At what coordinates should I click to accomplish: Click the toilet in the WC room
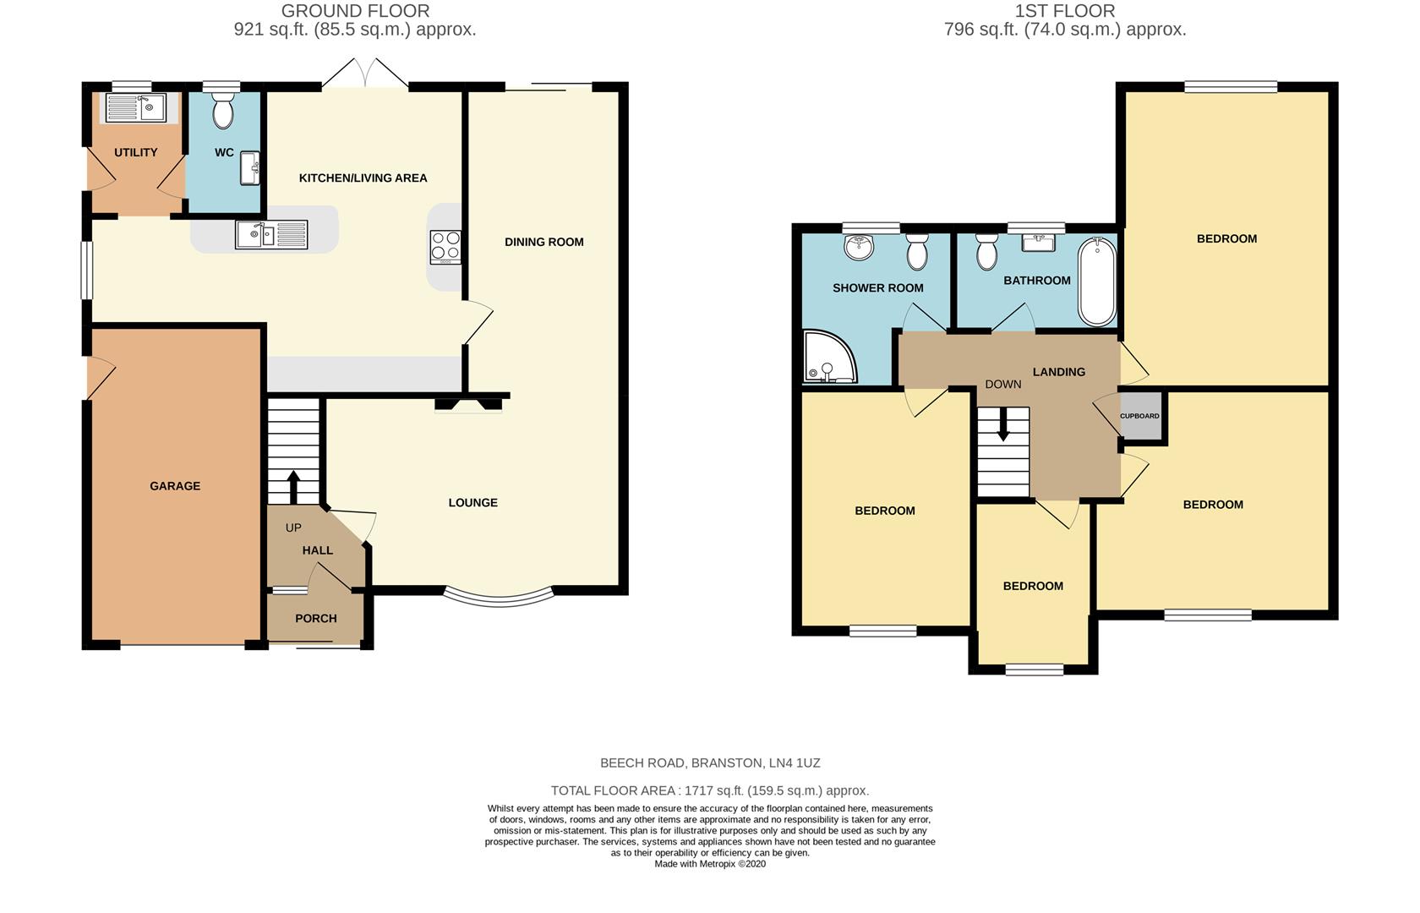click(223, 111)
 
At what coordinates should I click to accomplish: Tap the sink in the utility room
click(135, 108)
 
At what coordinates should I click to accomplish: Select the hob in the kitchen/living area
click(445, 246)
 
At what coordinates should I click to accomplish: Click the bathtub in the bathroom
click(1096, 282)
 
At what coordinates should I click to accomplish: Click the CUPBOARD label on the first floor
click(1139, 416)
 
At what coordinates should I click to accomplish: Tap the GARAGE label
click(175, 486)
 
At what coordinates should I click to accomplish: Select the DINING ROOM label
click(543, 242)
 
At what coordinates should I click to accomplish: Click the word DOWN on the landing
click(1002, 384)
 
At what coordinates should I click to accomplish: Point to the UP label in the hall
click(293, 528)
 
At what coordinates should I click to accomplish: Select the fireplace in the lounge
click(467, 405)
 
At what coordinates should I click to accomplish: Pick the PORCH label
click(316, 619)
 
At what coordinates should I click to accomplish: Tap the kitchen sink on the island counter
click(270, 234)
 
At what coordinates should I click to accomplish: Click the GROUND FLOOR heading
click(355, 11)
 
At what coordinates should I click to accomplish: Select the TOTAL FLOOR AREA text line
click(709, 790)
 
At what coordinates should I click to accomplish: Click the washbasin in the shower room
click(860, 247)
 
